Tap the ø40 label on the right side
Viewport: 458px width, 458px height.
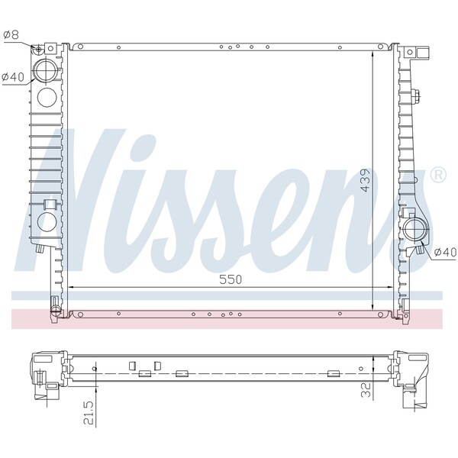443,251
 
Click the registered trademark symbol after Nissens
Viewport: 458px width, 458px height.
438,175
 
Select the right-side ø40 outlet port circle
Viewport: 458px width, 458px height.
417,229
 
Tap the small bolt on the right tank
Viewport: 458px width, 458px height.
416,97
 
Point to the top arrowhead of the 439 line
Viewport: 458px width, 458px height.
373,50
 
